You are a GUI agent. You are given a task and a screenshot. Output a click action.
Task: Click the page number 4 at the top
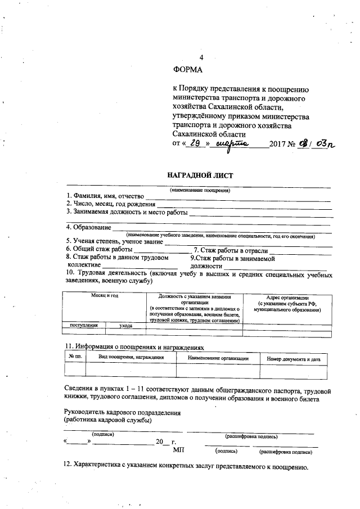(x=202, y=58)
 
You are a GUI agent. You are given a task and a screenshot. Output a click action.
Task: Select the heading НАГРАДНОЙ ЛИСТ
(x=200, y=175)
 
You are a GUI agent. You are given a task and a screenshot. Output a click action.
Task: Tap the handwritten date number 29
(x=195, y=144)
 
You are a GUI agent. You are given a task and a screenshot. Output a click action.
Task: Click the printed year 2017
(x=278, y=145)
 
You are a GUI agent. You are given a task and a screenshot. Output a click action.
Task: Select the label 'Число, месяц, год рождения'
(x=110, y=203)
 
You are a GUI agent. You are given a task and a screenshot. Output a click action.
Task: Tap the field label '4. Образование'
(x=88, y=228)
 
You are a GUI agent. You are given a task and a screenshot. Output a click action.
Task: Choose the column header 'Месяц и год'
(x=104, y=296)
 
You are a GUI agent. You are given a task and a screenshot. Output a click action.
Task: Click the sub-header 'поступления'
(x=83, y=325)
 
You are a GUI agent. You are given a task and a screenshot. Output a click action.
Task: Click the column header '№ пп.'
(x=75, y=358)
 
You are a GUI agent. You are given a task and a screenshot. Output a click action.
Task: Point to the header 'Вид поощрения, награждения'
(x=131, y=358)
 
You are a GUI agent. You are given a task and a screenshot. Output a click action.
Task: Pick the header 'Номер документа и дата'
(x=293, y=358)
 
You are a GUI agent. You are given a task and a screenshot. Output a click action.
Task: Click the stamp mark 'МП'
(x=178, y=451)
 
